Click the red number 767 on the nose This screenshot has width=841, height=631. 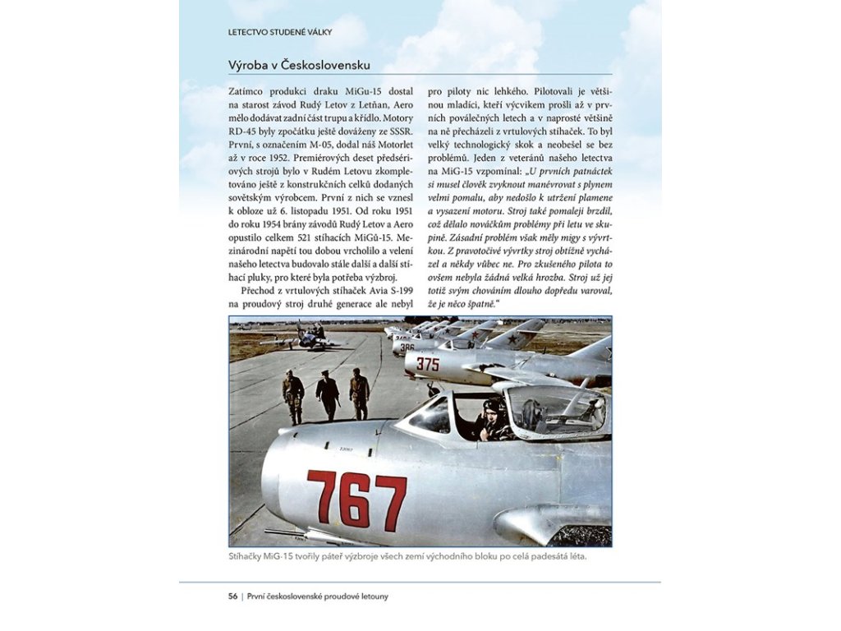pos(356,499)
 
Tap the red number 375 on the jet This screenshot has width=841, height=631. pos(428,364)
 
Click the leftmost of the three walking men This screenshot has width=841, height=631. pos(293,394)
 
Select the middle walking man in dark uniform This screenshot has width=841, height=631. pos(328,394)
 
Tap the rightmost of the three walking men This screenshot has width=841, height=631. pos(360,393)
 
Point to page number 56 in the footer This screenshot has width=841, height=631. pos(233,596)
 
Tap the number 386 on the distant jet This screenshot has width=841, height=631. pos(407,347)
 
